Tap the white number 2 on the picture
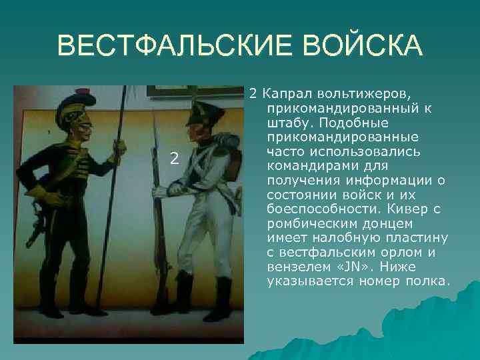(174, 159)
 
